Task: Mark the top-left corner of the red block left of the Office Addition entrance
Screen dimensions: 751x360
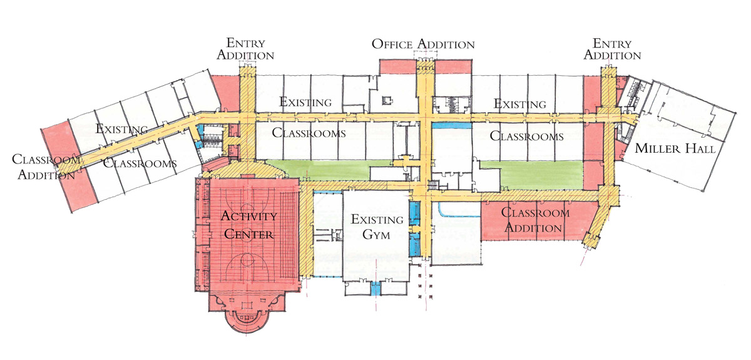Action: click(379, 59)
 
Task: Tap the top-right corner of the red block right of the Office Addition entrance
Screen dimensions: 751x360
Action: click(472, 59)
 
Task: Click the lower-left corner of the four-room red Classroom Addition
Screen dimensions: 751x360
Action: click(481, 240)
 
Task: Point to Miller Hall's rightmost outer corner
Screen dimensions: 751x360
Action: click(737, 113)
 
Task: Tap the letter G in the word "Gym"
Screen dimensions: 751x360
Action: click(367, 235)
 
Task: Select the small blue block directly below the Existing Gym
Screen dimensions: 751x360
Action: click(376, 289)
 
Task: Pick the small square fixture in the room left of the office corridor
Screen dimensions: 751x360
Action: click(387, 100)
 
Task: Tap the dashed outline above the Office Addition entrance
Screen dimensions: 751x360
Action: click(426, 54)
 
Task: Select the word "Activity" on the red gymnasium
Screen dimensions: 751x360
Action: click(249, 216)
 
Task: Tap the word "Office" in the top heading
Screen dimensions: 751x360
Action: click(392, 44)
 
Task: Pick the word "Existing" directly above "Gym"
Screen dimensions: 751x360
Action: click(377, 219)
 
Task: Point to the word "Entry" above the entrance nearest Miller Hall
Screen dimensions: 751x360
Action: click(612, 43)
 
